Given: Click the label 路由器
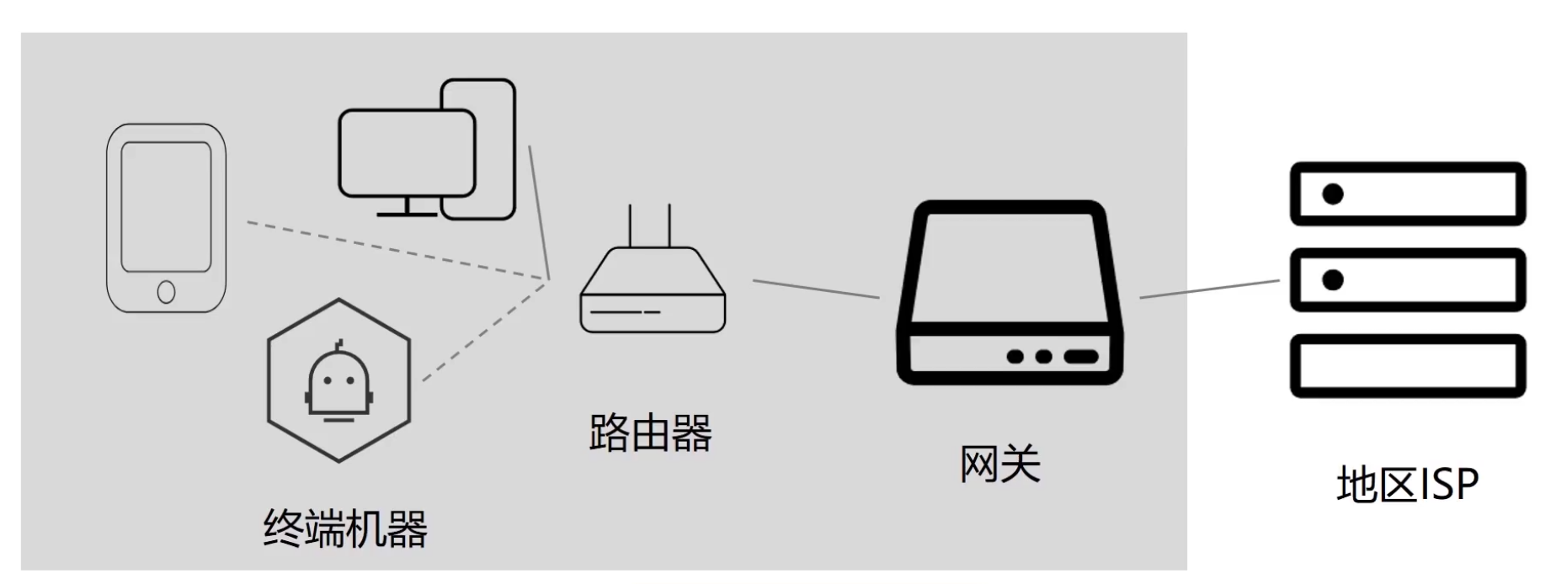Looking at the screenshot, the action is (x=650, y=434).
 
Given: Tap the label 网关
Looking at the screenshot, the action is (x=1000, y=464).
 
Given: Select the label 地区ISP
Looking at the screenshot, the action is (x=1407, y=485).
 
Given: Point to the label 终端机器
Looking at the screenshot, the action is (x=345, y=529).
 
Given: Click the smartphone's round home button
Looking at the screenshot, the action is (x=167, y=292).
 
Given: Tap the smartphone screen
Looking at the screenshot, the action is (x=167, y=206).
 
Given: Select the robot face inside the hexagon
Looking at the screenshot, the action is (x=338, y=382).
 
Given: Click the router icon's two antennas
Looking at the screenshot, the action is (x=650, y=225).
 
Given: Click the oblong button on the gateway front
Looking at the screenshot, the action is (x=1080, y=357).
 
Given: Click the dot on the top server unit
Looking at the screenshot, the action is (x=1333, y=194).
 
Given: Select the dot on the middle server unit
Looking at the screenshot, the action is (x=1333, y=279).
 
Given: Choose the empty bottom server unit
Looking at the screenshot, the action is (x=1408, y=366).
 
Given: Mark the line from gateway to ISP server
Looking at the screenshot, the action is (x=1209, y=289).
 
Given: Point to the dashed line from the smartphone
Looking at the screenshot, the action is (x=396, y=250).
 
